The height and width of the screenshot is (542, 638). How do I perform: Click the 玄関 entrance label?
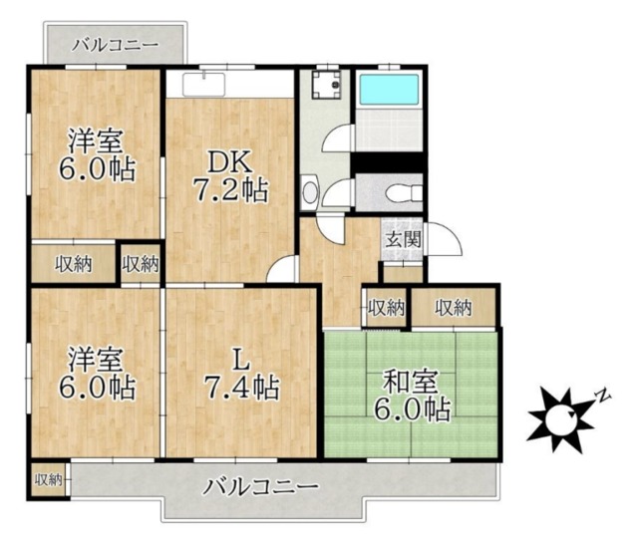point(404,239)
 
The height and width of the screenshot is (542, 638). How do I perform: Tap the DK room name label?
point(229,160)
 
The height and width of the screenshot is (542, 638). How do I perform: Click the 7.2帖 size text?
point(230,191)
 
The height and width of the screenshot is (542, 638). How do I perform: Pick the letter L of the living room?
point(238,357)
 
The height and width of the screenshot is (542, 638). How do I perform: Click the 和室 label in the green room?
point(411,380)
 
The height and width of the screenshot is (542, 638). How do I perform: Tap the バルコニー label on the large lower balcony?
point(261,488)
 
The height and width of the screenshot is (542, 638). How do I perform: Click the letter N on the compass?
point(602,396)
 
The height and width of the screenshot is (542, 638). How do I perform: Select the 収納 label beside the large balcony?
point(48,480)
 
